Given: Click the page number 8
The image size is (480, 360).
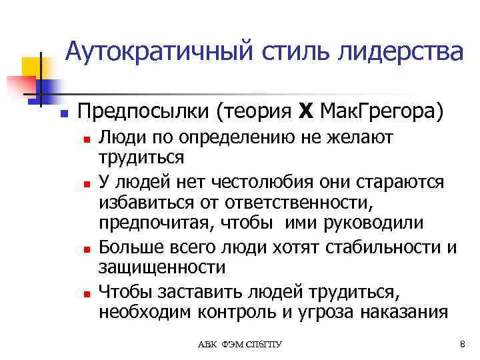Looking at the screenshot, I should tap(462, 343).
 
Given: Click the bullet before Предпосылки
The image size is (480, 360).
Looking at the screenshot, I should tap(63, 113).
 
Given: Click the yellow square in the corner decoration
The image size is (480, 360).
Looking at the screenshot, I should tap(31, 67).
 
